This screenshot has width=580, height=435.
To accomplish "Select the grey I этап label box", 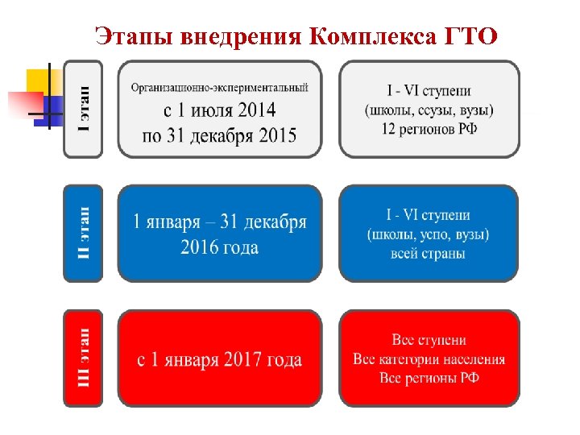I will (x=83, y=109).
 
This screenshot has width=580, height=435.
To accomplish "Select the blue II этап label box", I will (x=83, y=234).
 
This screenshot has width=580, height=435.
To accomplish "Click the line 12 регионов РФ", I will (x=429, y=128).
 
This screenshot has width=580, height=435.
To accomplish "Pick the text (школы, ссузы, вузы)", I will (x=429, y=109).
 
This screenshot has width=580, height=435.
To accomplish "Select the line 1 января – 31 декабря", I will (x=219, y=222).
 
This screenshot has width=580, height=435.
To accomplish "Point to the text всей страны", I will (x=428, y=254).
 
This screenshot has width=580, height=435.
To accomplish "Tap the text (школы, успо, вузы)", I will (x=428, y=234).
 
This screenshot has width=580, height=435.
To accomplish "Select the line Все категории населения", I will (x=429, y=359).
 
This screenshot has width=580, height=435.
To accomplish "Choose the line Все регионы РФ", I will (x=429, y=378).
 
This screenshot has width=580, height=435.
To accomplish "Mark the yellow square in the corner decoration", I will (x=42, y=81).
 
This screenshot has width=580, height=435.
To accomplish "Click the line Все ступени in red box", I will (x=429, y=340).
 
